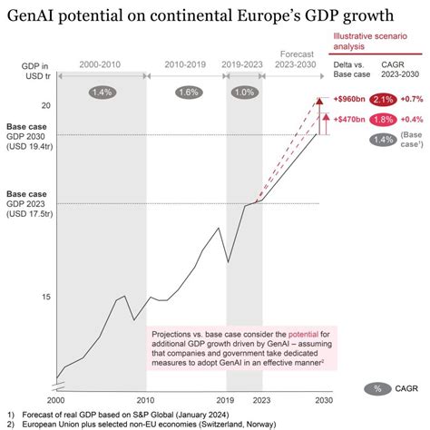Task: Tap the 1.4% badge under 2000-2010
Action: (103, 92)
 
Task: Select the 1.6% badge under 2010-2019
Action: (190, 92)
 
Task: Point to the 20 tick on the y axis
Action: (44, 106)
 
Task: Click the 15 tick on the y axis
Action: (44, 297)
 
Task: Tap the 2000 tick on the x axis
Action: (56, 399)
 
